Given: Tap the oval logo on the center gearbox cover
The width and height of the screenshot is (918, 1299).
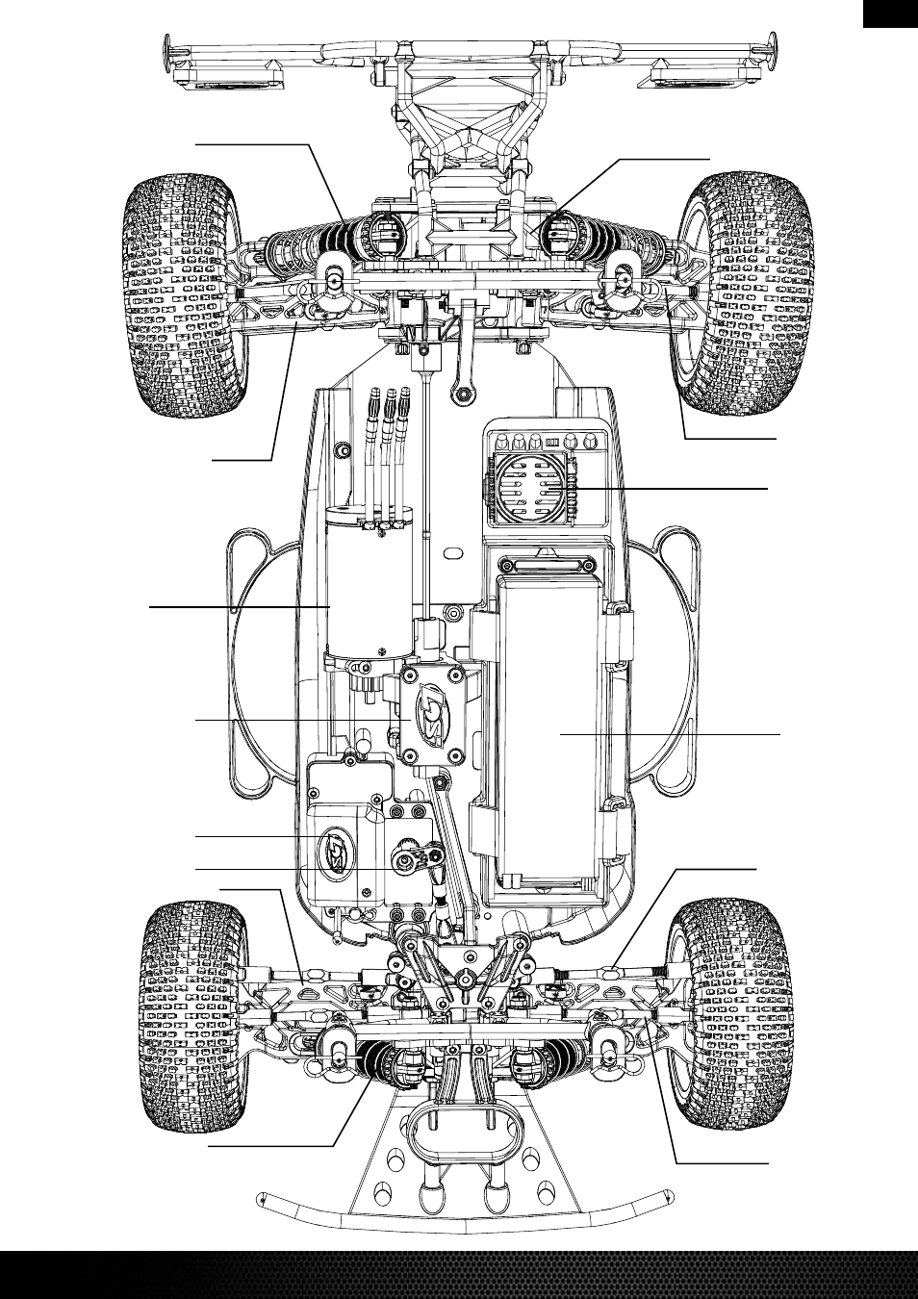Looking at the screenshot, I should (x=432, y=718).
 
